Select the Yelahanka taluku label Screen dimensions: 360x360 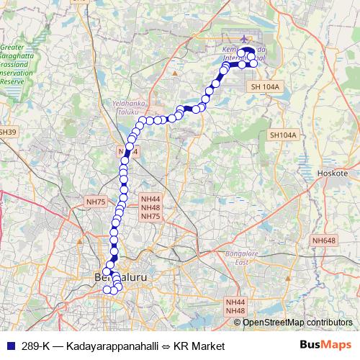pyautogui.click(x=129, y=108)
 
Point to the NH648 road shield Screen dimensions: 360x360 pyautogui.click(x=325, y=240)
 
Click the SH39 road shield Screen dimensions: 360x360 pyautogui.click(x=7, y=132)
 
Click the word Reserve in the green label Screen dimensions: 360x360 pyautogui.click(x=11, y=81)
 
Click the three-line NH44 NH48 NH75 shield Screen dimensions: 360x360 pyautogui.click(x=150, y=207)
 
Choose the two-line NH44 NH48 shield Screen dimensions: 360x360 pyautogui.click(x=235, y=306)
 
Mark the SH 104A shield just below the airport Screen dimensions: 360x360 pyautogui.click(x=264, y=86)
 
